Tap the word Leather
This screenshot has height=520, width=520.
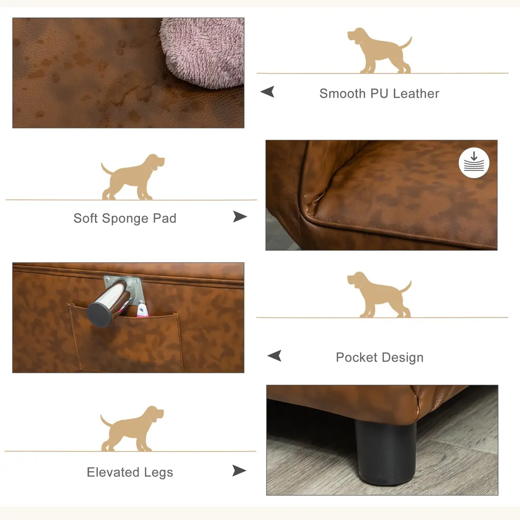pos(416,93)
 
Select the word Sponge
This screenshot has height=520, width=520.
pos(125,219)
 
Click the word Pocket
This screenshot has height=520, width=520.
pos(356,357)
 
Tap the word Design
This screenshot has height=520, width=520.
pos(403,358)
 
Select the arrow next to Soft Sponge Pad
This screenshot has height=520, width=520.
pos(240,216)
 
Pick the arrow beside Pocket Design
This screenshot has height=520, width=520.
pos(274,355)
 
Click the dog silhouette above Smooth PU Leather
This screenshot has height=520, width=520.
pos(379,50)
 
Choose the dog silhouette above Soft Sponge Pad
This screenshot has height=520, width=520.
pos(133,177)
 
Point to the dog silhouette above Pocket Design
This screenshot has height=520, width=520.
pos(379,295)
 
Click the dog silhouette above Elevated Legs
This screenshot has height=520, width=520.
pos(132,429)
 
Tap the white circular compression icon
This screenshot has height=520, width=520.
pos(474,163)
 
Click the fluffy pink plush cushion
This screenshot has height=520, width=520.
pos(203,53)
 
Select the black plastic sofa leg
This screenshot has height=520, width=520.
pos(386,452)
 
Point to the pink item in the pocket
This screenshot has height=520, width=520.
pos(142,310)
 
